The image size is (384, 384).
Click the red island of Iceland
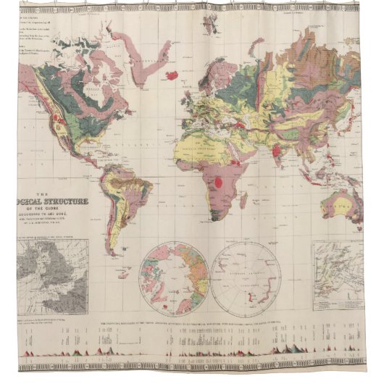click(x=172, y=75)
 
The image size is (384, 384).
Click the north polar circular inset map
click(x=175, y=277)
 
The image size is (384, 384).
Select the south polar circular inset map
click(x=248, y=277)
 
